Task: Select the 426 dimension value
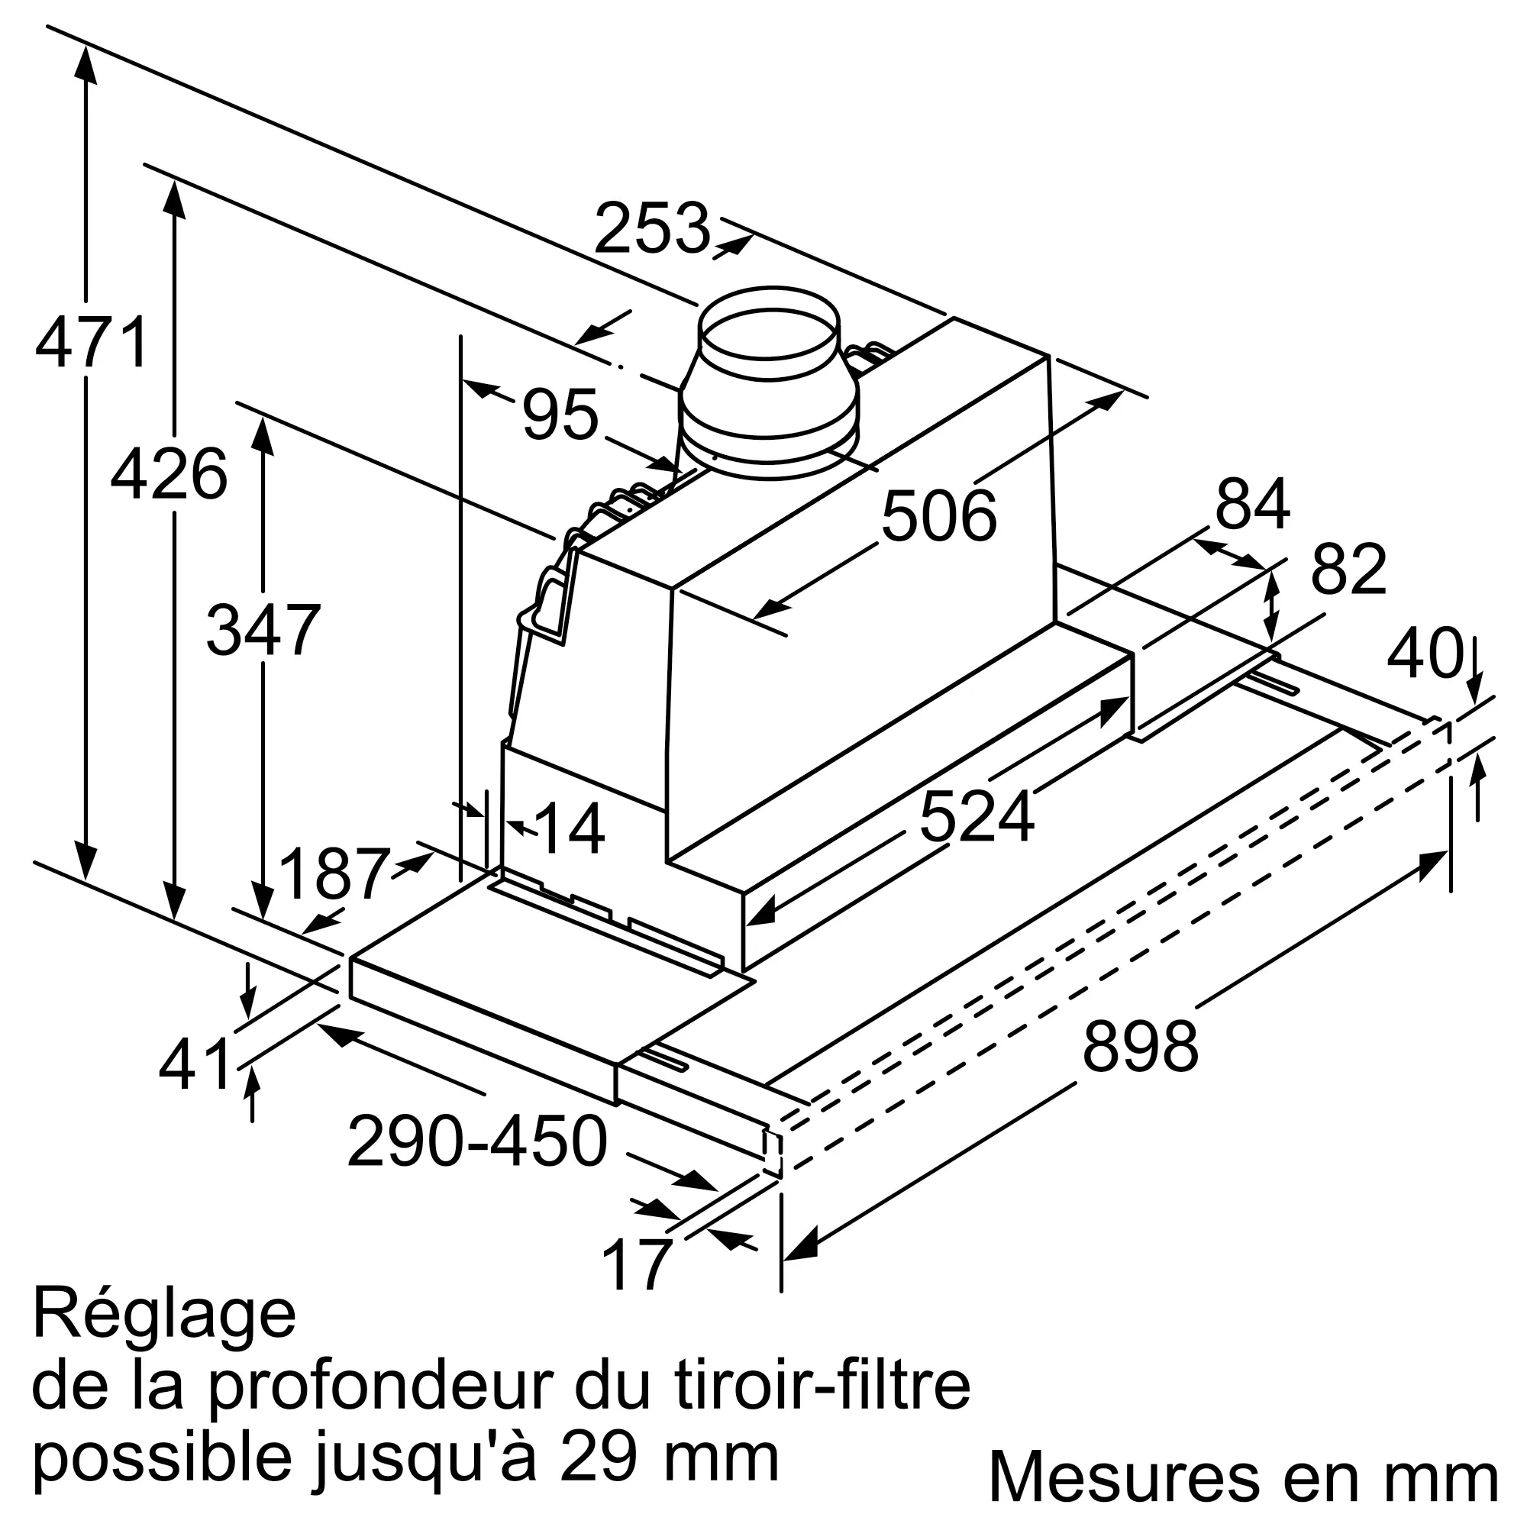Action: point(169,474)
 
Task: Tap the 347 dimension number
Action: point(263,630)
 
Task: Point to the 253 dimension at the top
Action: point(653,228)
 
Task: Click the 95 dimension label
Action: point(560,414)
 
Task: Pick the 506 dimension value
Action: point(939,517)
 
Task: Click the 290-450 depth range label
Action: point(477,1141)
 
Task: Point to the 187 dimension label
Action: point(335,874)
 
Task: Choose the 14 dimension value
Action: point(570,829)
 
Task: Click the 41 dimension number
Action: point(195,1064)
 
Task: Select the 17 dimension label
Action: point(636,1264)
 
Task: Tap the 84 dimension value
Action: point(1253,503)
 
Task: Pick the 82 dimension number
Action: point(1349,569)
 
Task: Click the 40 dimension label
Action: point(1424,654)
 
